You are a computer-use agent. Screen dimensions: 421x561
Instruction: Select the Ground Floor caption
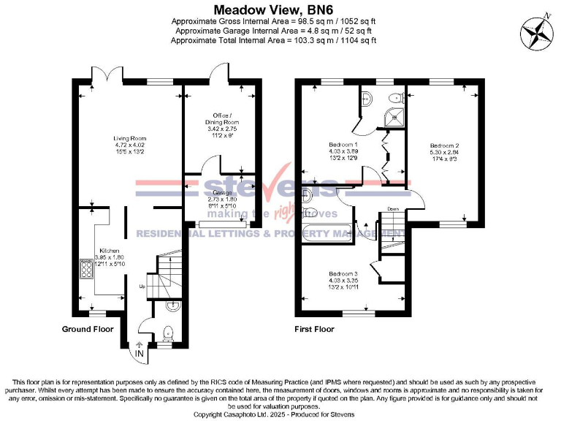coord(88,330)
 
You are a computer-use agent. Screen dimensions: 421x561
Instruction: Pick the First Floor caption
coord(316,330)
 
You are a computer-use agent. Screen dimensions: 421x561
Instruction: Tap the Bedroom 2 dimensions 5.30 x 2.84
coord(444,153)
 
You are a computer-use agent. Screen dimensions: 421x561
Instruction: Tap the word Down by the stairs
coord(392,208)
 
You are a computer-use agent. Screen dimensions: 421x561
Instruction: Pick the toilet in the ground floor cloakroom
coord(168,333)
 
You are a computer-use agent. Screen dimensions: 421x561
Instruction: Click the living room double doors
coord(113,75)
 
